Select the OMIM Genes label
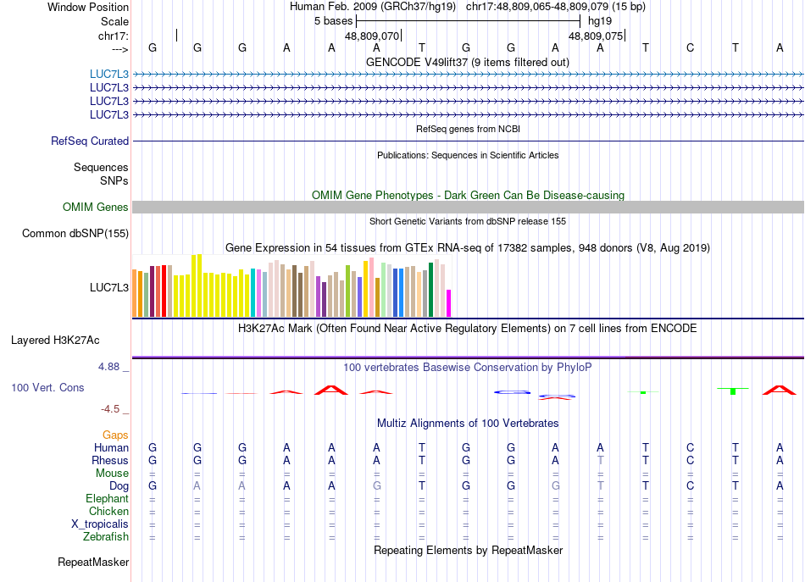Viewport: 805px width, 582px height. click(x=96, y=208)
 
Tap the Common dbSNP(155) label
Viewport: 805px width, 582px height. click(x=75, y=234)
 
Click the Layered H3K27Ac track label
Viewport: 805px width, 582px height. click(x=55, y=341)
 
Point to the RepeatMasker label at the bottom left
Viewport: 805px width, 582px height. click(x=93, y=563)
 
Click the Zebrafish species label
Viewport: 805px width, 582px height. click(x=106, y=537)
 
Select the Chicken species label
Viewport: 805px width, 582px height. click(x=108, y=512)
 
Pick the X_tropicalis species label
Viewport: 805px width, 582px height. click(x=100, y=524)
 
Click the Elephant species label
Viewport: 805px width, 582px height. click(x=107, y=499)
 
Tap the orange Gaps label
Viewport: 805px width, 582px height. click(x=115, y=435)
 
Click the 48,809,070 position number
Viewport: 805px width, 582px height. click(x=372, y=36)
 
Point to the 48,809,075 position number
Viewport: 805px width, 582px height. click(x=596, y=36)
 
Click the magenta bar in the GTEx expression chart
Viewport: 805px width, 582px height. click(x=449, y=302)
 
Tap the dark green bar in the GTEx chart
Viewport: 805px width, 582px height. click(x=431, y=289)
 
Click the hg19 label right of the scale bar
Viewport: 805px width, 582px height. click(x=599, y=20)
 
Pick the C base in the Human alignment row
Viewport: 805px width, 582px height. click(x=691, y=447)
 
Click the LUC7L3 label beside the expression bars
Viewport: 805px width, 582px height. click(x=109, y=288)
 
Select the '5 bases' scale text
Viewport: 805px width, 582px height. click(x=333, y=20)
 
